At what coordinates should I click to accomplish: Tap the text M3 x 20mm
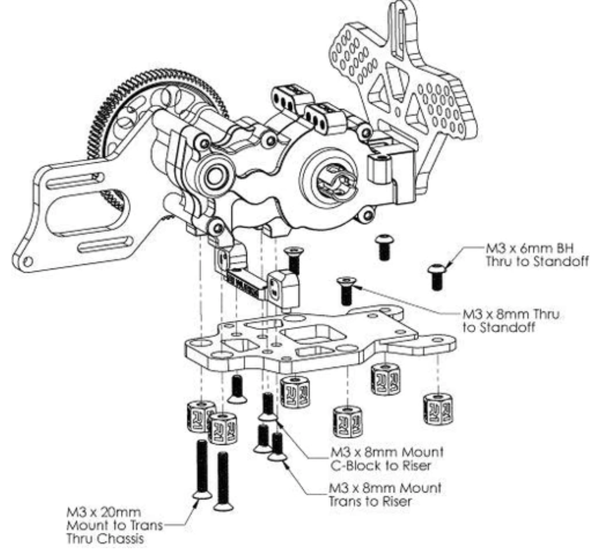tap(104, 513)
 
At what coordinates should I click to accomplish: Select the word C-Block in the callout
tap(354, 465)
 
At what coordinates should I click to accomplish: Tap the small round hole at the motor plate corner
tap(28, 261)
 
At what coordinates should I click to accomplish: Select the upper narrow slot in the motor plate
tap(74, 182)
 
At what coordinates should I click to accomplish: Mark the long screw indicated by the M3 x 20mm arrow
tap(202, 469)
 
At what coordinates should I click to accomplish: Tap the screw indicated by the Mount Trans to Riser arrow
tap(277, 446)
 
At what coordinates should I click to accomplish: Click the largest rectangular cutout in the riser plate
tap(309, 334)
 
